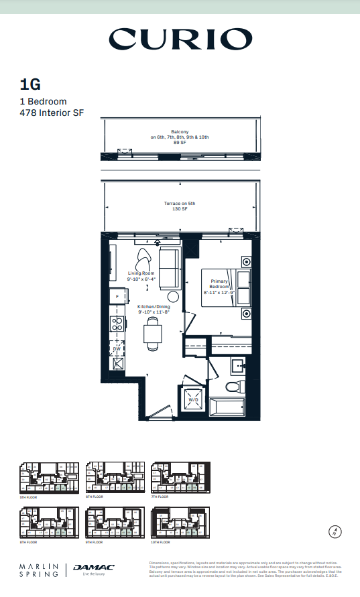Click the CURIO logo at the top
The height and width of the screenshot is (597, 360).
click(180, 40)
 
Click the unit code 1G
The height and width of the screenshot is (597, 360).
click(30, 84)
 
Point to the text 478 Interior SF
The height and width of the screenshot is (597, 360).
click(52, 113)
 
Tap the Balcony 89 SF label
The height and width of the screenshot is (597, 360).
click(180, 137)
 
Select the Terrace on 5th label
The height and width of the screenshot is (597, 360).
click(180, 206)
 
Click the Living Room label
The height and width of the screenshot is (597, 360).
click(141, 276)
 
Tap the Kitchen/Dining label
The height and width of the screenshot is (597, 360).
click(154, 309)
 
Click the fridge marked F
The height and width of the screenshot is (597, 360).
click(117, 295)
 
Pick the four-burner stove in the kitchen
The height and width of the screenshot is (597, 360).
click(117, 324)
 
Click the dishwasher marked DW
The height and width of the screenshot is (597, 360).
click(117, 348)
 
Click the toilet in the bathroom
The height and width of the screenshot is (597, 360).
click(237, 387)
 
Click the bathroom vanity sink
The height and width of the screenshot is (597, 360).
click(237, 366)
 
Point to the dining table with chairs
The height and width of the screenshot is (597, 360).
click(154, 334)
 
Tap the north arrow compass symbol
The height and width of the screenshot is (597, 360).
click(336, 533)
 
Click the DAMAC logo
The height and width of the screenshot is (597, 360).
click(94, 568)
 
